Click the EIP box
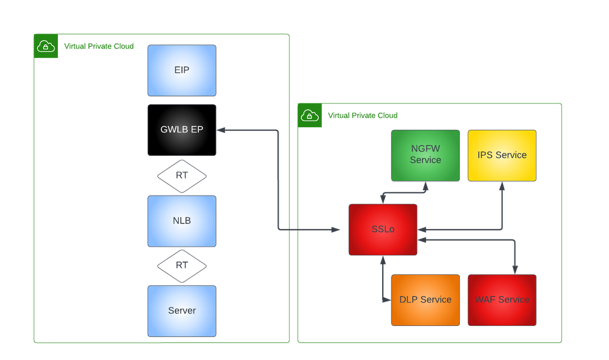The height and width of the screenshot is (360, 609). coord(182,70)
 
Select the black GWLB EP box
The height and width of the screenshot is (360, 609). coord(182,129)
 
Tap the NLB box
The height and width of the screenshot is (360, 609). coord(182,221)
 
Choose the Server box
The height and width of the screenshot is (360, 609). coord(182,311)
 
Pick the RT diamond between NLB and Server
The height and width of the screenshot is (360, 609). coord(182,266)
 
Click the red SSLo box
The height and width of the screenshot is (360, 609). coord(382,230)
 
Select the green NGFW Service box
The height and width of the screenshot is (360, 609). coord(425,155)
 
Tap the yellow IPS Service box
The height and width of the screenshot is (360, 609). coord(502,155)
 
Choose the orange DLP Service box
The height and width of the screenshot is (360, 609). coord(425,300)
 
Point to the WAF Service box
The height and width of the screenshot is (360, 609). coord(502,300)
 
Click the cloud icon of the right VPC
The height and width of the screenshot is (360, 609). coord(310,115)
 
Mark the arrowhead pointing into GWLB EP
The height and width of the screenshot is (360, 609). coord(221,130)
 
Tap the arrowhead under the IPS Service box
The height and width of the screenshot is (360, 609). coord(502,185)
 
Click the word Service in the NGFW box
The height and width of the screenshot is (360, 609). coord(425,160)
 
